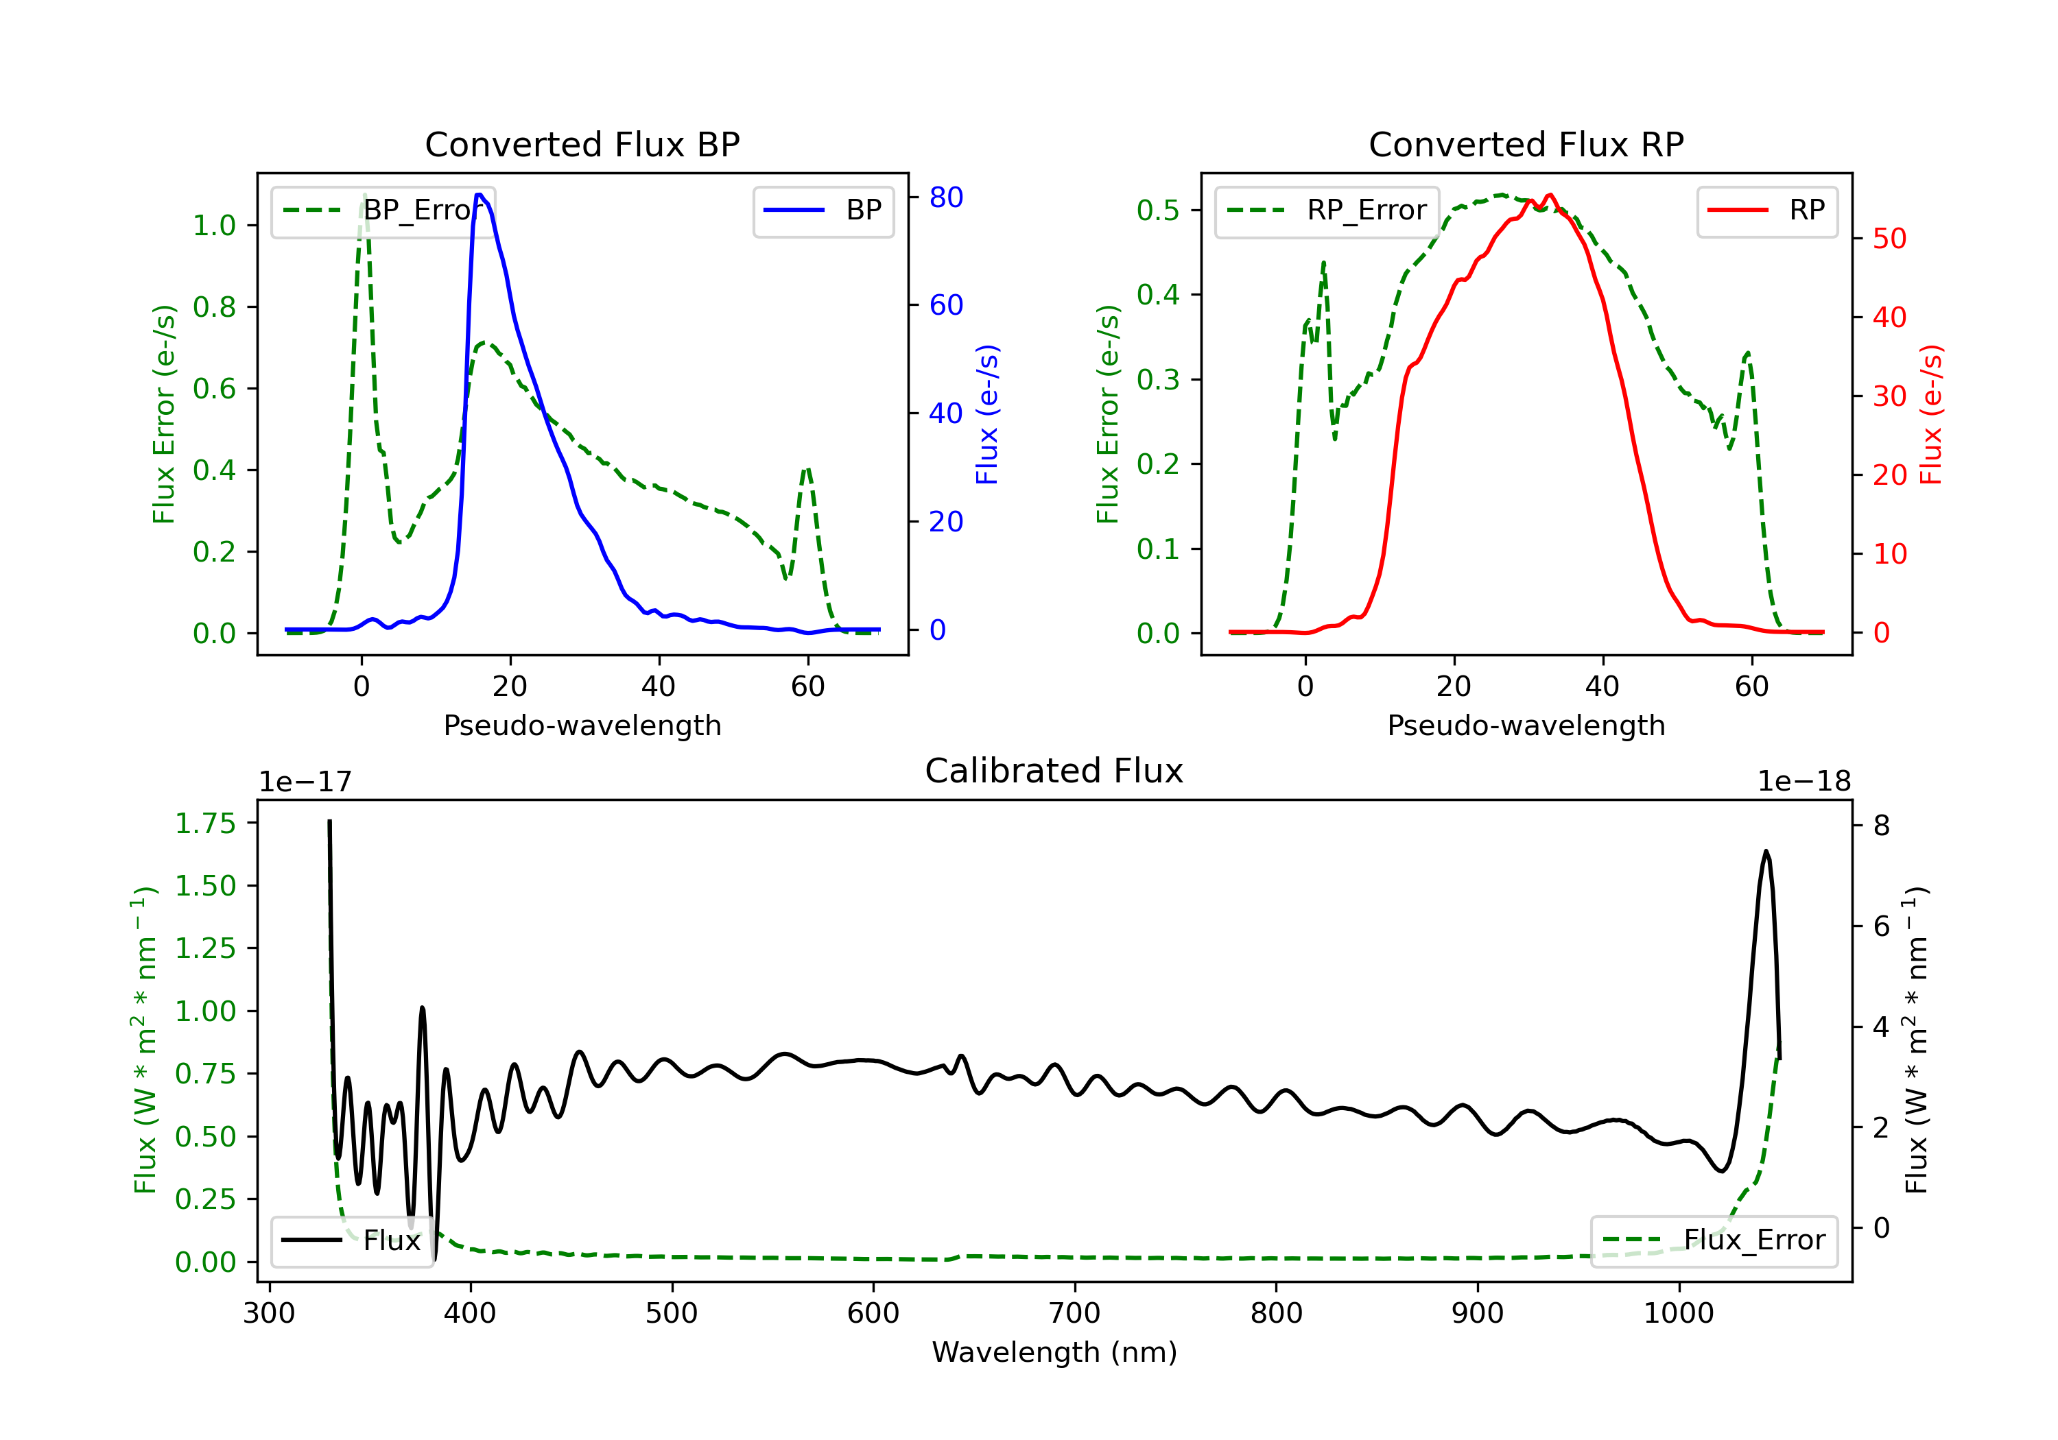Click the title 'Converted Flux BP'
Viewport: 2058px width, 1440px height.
[x=582, y=144]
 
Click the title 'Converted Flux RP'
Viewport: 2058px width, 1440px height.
[x=1526, y=144]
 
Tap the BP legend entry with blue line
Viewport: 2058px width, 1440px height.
[x=823, y=211]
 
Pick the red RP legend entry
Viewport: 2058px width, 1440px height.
[x=1766, y=211]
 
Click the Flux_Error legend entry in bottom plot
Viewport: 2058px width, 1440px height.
[x=1714, y=1240]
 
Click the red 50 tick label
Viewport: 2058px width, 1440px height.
[x=1889, y=239]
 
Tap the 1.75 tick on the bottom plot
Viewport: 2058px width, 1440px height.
[x=205, y=824]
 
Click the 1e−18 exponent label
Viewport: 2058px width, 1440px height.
[x=1803, y=782]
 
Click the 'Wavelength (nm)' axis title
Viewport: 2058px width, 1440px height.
[x=1054, y=1352]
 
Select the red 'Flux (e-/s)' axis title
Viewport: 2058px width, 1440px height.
[x=1930, y=414]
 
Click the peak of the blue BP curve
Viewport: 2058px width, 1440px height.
[x=480, y=195]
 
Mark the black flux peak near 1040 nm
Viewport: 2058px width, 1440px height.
[x=1766, y=851]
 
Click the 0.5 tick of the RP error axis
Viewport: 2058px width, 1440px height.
[x=1157, y=211]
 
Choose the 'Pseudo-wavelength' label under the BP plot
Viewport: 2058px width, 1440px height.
[x=582, y=725]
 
